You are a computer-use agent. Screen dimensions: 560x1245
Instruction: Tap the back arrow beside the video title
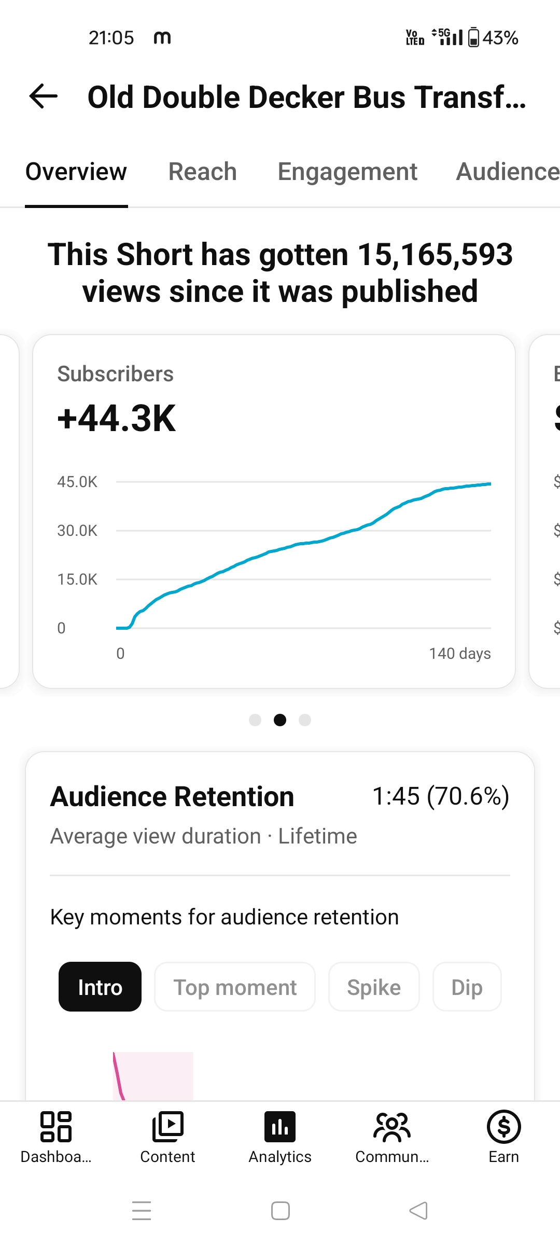tap(44, 96)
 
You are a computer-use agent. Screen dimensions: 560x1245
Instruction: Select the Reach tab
tap(203, 172)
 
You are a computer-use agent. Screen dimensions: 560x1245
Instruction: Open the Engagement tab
tap(347, 172)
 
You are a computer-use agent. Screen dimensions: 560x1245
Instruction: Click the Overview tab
tap(76, 172)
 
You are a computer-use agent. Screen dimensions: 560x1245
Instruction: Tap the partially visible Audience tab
tap(508, 172)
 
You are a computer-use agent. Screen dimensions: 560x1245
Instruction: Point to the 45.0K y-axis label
tap(77, 482)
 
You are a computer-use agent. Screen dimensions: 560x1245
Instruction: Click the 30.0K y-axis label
tap(77, 531)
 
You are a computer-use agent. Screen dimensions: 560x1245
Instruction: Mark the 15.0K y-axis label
tap(77, 579)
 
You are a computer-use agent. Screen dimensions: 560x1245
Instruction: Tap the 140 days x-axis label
tap(460, 654)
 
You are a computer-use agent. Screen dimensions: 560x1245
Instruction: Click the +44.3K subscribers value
tap(117, 418)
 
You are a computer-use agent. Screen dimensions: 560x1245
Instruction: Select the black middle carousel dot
tap(280, 720)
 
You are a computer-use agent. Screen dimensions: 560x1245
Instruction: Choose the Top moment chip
tap(235, 987)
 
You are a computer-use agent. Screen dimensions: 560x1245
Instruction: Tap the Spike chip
tap(374, 987)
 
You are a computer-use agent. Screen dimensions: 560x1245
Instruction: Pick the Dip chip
tap(467, 987)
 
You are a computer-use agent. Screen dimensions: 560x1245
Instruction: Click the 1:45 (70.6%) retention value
tap(441, 796)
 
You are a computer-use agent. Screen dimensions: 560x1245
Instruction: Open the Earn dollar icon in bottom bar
tap(504, 1127)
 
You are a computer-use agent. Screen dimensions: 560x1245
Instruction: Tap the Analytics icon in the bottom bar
tap(280, 1127)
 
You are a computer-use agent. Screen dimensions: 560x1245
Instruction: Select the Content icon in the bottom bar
tap(168, 1127)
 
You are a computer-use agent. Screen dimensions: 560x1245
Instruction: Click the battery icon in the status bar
tap(473, 37)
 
